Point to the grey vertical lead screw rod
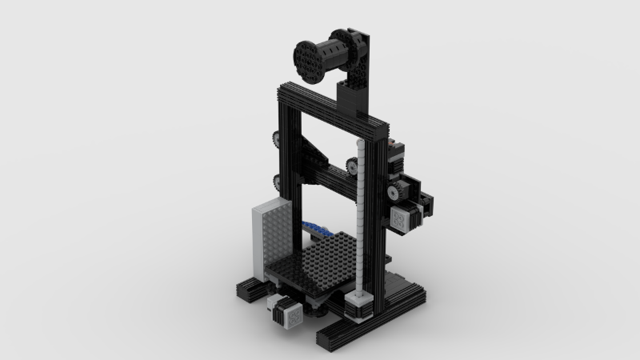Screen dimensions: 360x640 [x=361, y=216]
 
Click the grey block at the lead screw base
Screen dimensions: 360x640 [x=359, y=303]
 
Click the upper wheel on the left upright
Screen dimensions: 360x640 [x=276, y=138]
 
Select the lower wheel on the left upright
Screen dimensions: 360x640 [x=276, y=181]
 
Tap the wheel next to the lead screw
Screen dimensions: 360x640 [x=353, y=165]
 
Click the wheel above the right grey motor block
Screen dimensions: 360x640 [x=394, y=192]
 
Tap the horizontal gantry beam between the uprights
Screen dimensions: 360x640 [x=328, y=176]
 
